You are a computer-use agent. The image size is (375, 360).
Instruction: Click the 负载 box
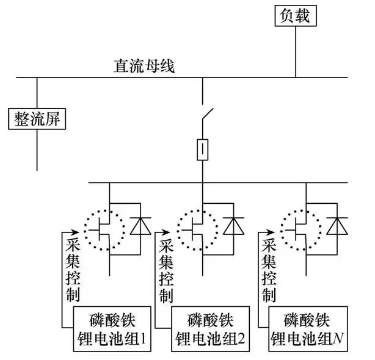(x=296, y=16)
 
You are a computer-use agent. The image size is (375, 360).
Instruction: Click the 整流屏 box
(x=37, y=118)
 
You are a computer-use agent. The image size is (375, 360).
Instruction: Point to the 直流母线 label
(x=143, y=66)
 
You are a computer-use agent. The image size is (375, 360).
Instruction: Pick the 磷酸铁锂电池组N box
(x=310, y=329)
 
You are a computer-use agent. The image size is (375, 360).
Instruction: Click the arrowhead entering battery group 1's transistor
(x=74, y=232)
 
